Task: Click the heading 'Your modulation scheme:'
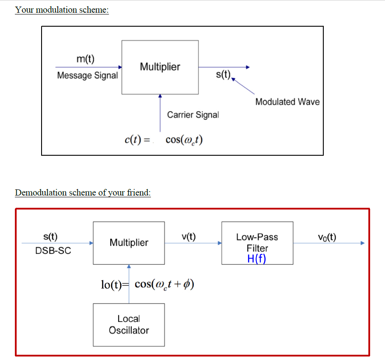tap(62, 10)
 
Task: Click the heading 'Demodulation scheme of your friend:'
tap(83, 192)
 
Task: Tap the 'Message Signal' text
tap(87, 75)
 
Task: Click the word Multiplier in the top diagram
tap(160, 67)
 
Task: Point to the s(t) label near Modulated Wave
tap(223, 75)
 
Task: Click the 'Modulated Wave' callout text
tap(287, 102)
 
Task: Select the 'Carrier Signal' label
tap(193, 115)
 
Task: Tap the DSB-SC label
tap(53, 251)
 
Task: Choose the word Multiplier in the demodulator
tap(129, 243)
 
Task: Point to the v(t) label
tap(189, 237)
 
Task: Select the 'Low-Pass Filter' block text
tap(257, 242)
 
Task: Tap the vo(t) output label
tap(327, 237)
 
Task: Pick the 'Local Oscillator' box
tap(129, 325)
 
